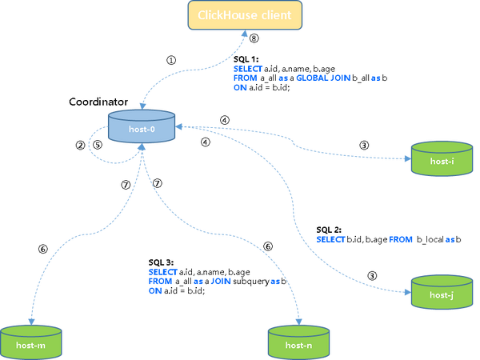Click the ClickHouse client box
click(245, 15)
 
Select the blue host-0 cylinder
click(142, 126)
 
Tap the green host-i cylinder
click(442, 158)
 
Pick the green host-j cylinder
click(442, 292)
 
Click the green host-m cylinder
click(31, 343)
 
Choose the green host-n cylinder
click(298, 343)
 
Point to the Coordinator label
click(98, 102)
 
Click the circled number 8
click(254, 38)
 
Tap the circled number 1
click(171, 60)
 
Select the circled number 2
click(81, 145)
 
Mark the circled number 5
click(98, 145)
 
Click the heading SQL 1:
click(246, 59)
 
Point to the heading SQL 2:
click(329, 230)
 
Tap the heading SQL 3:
click(161, 262)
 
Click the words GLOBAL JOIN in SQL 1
click(323, 78)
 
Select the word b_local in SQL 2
click(430, 239)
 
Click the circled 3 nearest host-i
click(364, 145)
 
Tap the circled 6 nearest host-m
click(43, 249)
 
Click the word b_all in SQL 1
click(361, 78)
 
